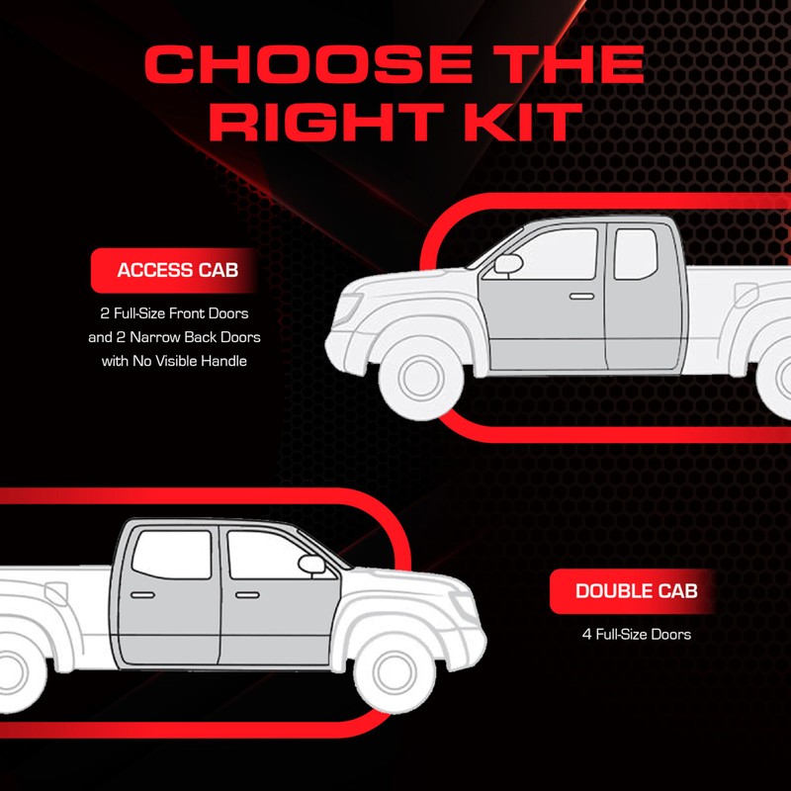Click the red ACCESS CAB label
(x=177, y=270)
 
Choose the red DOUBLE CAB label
(x=636, y=591)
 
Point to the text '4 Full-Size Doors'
(x=636, y=634)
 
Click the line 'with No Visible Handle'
(x=173, y=361)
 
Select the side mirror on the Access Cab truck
(x=508, y=264)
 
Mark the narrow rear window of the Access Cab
(x=634, y=253)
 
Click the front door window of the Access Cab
(x=559, y=254)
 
